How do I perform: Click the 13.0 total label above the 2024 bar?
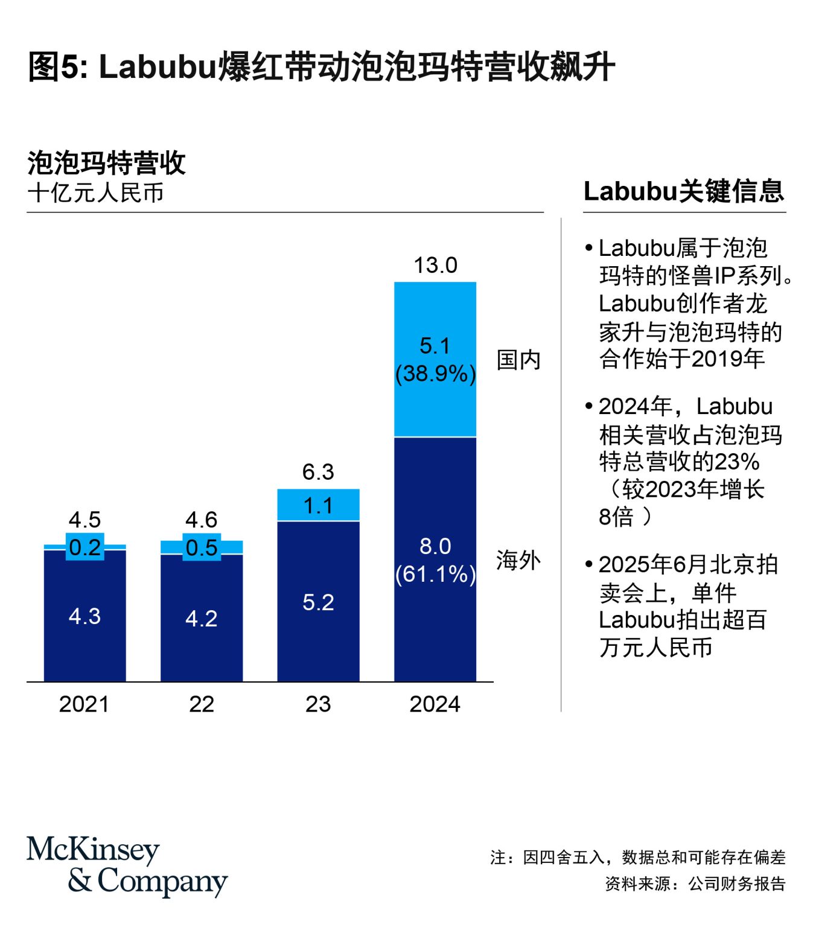tap(435, 266)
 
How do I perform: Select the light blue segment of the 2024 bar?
tap(435, 314)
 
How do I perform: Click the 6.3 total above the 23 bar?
tap(318, 472)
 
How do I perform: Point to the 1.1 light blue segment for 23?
tap(318, 506)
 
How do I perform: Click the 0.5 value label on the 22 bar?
tap(202, 547)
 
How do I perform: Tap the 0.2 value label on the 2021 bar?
tap(84, 547)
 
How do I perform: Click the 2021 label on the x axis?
tap(84, 704)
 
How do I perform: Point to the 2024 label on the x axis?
tap(435, 704)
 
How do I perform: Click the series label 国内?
tap(518, 360)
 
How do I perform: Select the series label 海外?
tap(518, 561)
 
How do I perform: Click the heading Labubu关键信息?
tap(683, 191)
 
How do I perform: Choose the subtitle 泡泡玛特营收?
tap(106, 163)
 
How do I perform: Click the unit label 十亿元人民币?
tap(96, 193)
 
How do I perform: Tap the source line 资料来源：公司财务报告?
tap(695, 884)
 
